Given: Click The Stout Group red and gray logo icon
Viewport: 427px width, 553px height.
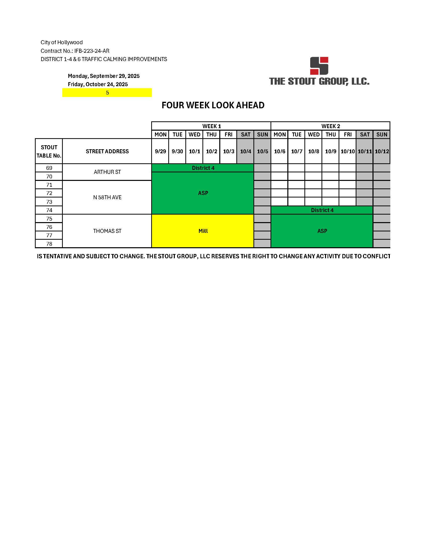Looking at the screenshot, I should coord(319,66).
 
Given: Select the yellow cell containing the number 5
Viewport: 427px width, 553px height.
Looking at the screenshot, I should coord(107,93).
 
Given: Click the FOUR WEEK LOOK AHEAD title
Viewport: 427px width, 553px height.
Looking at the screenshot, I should coord(213,105).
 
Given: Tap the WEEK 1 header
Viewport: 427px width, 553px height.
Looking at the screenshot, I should coord(211,126).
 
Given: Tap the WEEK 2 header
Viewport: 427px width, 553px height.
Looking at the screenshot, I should coord(330,126).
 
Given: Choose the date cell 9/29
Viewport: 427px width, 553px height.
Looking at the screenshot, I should coord(160,152).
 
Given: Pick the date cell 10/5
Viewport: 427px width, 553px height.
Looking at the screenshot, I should coord(262,152).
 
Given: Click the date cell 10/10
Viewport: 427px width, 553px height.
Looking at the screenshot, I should coord(348,152).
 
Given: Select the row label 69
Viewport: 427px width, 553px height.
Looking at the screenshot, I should coord(49,168).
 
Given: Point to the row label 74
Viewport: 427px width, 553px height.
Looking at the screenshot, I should coord(49,210).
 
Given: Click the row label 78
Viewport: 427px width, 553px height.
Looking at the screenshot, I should coord(49,244).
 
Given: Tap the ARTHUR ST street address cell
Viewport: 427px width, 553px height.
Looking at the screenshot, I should coord(107,172).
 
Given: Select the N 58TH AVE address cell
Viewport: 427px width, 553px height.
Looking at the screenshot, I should coord(107,197).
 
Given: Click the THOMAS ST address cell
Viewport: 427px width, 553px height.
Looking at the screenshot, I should coord(107,231).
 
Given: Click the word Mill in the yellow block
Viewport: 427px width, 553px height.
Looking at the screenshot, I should coord(203,231).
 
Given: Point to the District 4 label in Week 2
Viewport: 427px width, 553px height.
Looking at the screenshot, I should coord(322,210).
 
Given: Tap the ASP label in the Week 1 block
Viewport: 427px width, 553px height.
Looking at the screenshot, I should coord(203,193).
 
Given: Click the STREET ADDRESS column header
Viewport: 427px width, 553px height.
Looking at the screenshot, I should coord(107,152).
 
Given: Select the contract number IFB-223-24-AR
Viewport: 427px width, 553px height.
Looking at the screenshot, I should coord(92,51).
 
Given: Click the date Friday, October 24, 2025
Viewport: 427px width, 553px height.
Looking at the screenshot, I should coord(98,84).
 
